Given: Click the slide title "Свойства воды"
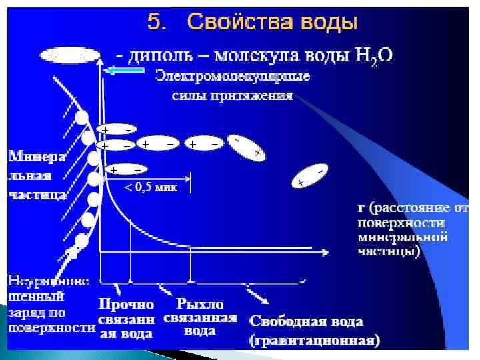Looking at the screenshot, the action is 273,23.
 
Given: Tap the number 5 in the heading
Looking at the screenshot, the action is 154,23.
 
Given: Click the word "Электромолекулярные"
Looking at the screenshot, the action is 233,76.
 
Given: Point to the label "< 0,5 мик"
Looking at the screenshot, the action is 151,188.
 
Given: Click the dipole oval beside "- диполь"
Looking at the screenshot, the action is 69,57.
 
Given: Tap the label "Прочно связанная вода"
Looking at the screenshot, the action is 127,317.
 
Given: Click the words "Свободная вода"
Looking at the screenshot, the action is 306,321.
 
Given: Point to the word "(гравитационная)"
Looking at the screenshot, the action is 315,341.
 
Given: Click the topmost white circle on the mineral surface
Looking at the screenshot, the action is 81,118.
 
